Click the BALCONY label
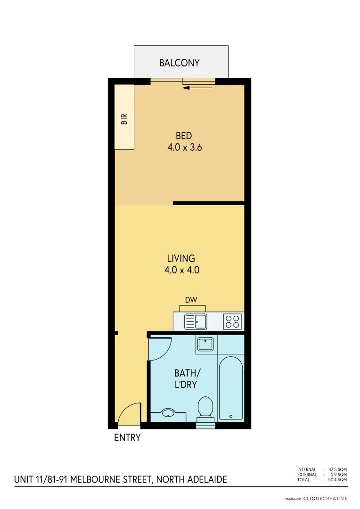tap(179, 63)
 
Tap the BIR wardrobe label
tap(124, 118)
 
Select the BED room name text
tap(184, 137)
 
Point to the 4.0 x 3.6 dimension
tap(185, 148)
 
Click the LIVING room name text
tap(181, 258)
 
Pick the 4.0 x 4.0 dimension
tap(183, 271)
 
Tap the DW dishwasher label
tap(191, 300)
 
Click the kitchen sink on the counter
tap(195, 321)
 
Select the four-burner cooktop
tap(232, 321)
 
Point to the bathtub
tap(231, 387)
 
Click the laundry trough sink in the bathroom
tap(206, 344)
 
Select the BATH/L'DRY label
tap(185, 379)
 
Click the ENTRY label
tap(127, 438)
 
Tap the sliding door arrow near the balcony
tap(197, 88)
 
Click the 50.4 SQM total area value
tap(337, 480)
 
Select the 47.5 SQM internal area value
tap(337, 469)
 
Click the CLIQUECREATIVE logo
tap(325, 498)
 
